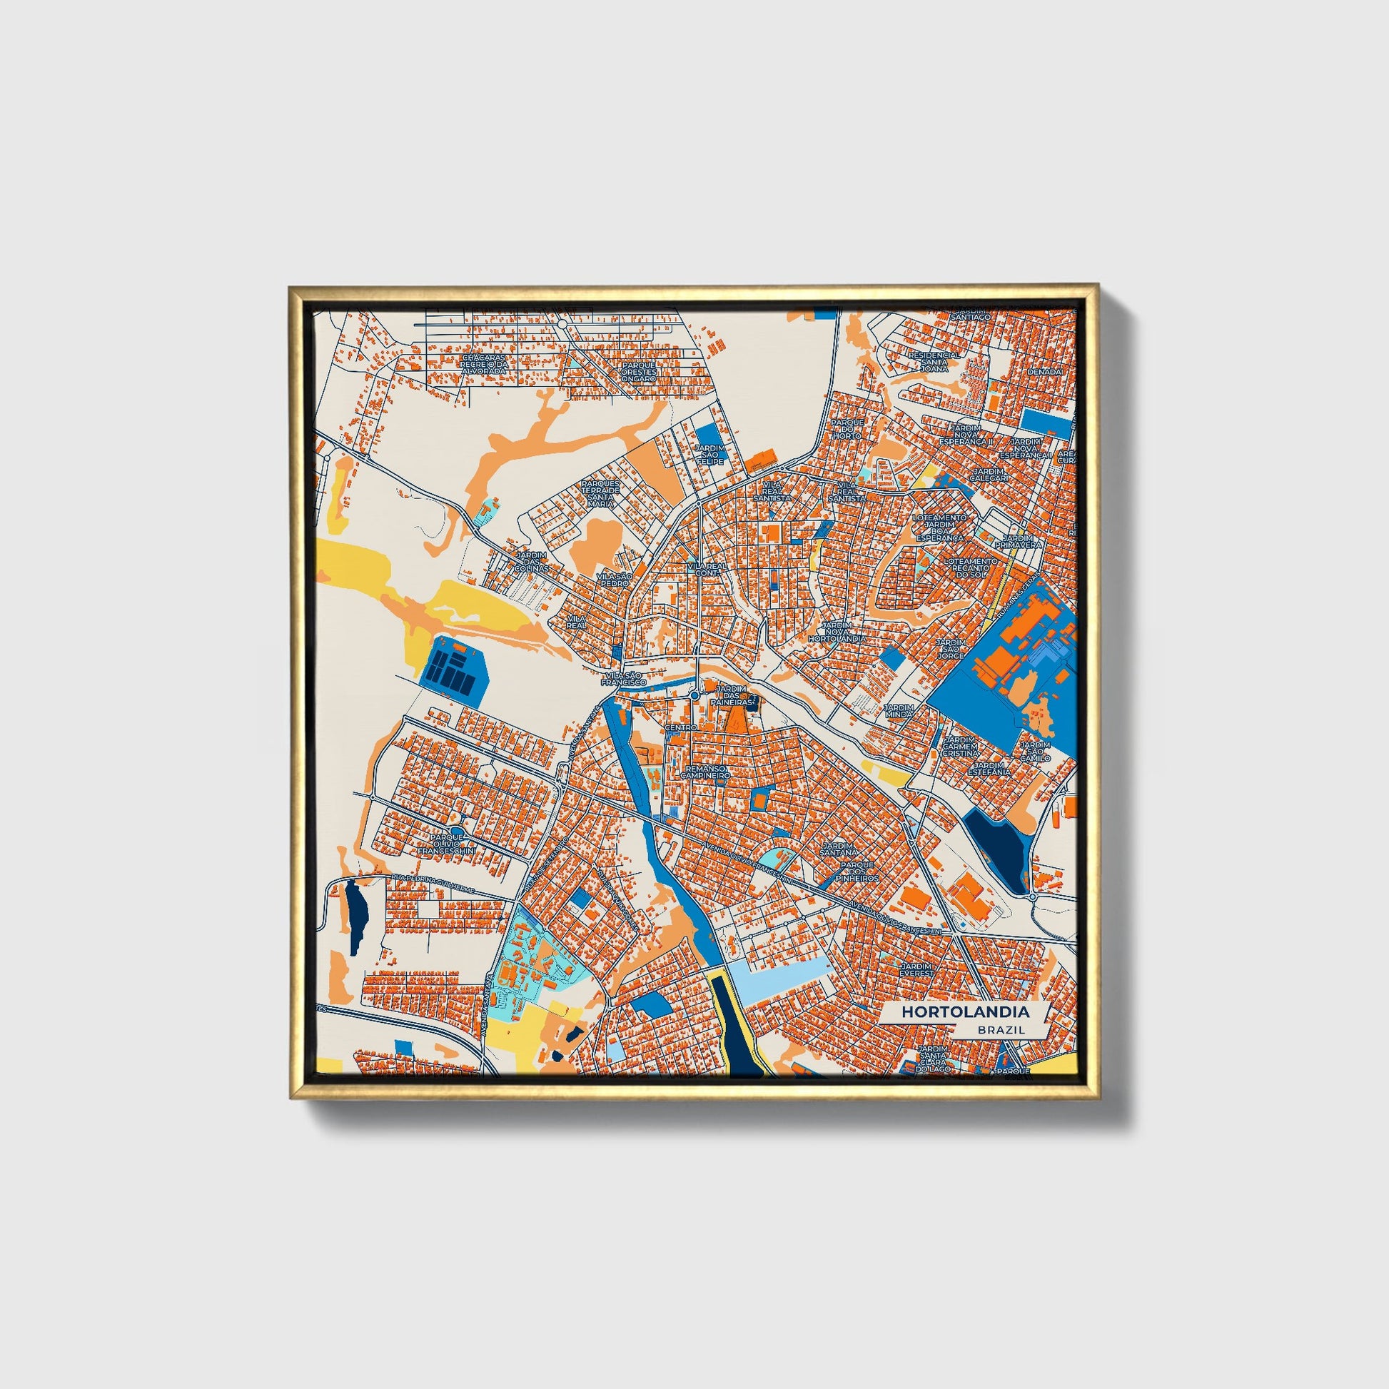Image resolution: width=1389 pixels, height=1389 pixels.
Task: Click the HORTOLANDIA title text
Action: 966,1011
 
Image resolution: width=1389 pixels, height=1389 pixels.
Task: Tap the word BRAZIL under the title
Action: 1001,1030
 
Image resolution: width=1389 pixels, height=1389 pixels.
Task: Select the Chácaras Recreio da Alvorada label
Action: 484,364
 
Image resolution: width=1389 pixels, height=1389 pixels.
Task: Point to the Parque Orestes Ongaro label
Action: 638,372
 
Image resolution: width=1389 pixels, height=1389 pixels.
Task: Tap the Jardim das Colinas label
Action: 532,562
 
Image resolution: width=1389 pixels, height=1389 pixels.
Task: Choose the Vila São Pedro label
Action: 614,580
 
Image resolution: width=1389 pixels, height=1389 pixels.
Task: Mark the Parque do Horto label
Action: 847,428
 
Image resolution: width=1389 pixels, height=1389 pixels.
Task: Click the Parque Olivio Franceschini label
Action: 453,844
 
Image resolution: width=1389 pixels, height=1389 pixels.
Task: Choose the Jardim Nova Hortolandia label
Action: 836,631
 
